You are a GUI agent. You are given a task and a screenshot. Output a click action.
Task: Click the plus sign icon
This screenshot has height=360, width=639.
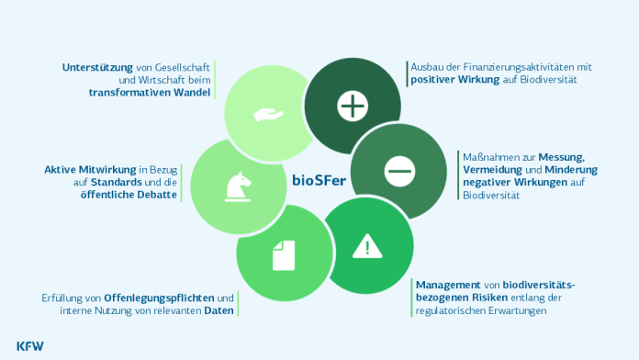[352, 107]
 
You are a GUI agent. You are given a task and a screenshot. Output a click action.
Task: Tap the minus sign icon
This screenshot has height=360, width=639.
[399, 170]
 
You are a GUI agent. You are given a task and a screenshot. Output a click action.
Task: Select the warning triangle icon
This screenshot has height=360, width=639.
[367, 245]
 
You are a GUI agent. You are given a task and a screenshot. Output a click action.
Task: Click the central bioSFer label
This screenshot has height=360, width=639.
[319, 179]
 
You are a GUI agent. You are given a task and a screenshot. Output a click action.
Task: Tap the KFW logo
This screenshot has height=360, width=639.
[28, 345]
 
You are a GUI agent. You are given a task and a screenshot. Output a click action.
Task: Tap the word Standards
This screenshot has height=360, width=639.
[117, 182]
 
